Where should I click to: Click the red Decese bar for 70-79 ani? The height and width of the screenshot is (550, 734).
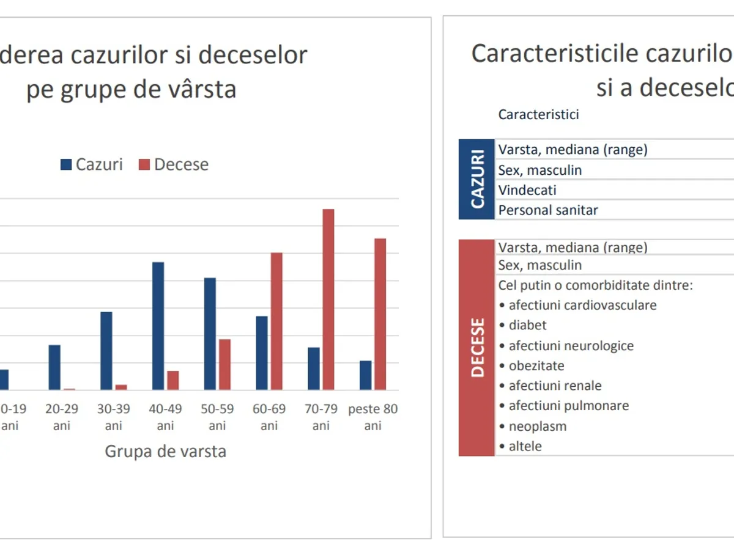tap(328, 299)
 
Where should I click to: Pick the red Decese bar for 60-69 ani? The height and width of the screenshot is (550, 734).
tap(276, 321)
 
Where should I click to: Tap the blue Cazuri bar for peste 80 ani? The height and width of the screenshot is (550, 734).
tap(366, 375)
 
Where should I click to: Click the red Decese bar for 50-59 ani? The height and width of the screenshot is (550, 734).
tap(224, 364)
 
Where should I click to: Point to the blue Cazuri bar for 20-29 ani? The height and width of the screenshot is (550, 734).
tap(54, 367)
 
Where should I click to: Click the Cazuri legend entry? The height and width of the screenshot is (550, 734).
tap(91, 164)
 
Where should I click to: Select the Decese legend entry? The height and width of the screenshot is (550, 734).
tap(174, 164)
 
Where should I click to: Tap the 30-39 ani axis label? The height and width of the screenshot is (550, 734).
tap(114, 417)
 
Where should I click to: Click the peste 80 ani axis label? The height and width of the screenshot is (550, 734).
tap(373, 417)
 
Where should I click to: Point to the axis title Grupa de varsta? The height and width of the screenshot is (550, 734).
tap(165, 452)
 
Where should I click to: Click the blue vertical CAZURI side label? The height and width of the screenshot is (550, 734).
tap(476, 179)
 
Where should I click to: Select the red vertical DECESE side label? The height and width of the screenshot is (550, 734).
tap(476, 347)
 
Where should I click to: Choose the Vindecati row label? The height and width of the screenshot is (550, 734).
tap(527, 190)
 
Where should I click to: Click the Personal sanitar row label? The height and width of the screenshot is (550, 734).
tap(548, 210)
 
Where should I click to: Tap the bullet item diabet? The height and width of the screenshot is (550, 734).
tap(527, 325)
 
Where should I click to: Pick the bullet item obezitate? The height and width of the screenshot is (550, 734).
tap(536, 365)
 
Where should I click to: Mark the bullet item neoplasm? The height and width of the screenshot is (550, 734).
tap(537, 426)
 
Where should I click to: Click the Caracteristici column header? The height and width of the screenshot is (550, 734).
tap(538, 114)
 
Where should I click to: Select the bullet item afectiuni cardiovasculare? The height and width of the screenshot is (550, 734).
tap(582, 305)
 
